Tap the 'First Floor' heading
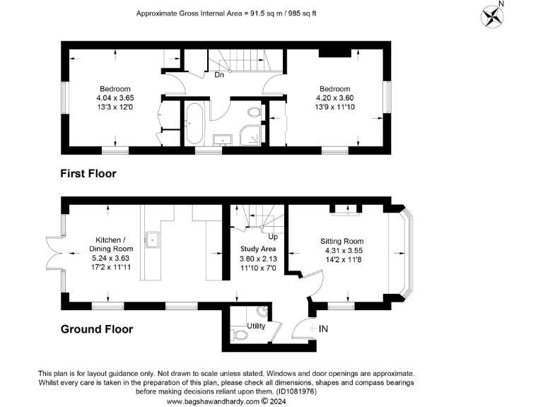(88, 173)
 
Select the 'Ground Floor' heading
(96, 329)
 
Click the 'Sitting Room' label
(342, 241)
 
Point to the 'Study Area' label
(258, 249)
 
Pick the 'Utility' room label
(255, 326)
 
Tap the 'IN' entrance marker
(324, 329)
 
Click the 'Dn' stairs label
(219, 75)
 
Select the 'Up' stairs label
(272, 237)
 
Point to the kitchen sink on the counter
(151, 238)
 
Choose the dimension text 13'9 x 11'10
(335, 107)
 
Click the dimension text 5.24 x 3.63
(110, 258)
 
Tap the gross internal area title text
(225, 13)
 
